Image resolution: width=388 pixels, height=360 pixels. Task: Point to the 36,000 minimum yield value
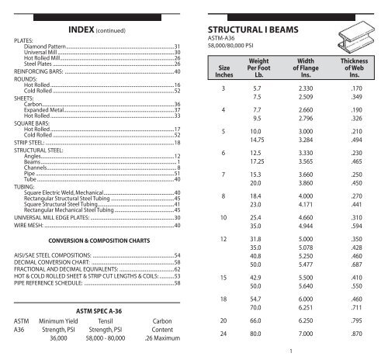click(x=63, y=349)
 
